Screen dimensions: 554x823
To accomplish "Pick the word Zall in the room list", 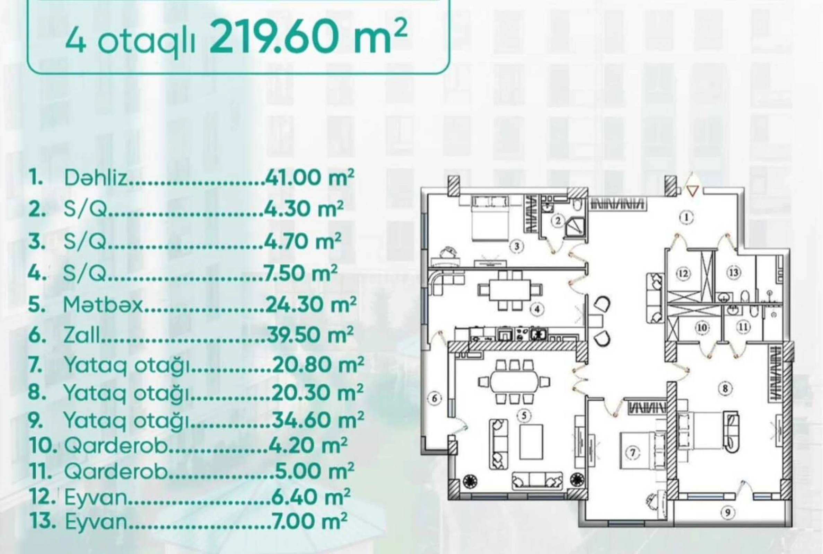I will tap(82, 335).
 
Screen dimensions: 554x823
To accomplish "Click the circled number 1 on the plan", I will tap(686, 218).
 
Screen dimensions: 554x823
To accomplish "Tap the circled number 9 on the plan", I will tap(728, 522).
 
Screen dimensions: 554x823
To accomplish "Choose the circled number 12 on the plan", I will tap(683, 274).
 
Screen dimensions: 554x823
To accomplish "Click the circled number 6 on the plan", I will tap(435, 399).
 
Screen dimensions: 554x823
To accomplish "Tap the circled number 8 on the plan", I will tap(725, 389).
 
